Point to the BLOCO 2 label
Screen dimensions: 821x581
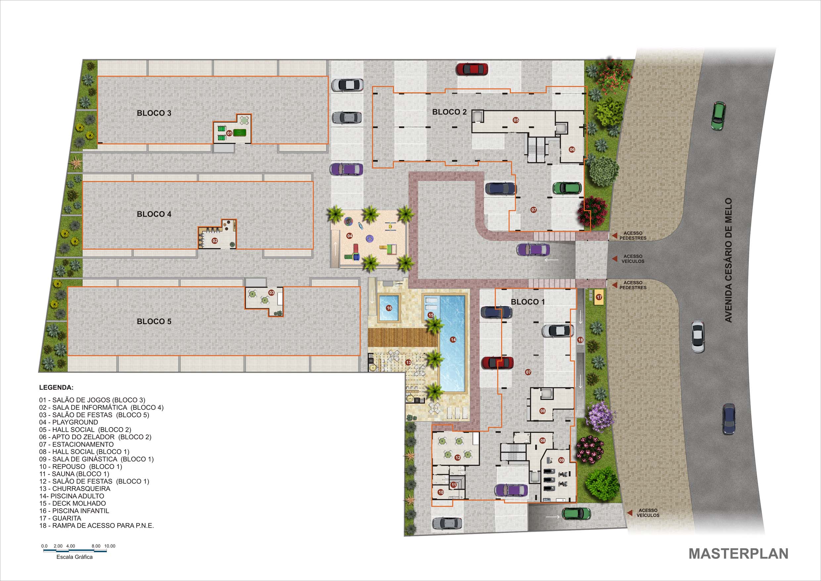tap(449, 112)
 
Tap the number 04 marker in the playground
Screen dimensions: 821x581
tap(349, 236)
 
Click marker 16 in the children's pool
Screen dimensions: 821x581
tap(389, 308)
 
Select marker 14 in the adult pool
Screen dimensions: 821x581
tap(453, 340)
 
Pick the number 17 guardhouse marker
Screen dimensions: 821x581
tap(599, 297)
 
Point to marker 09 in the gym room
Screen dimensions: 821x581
tap(561, 460)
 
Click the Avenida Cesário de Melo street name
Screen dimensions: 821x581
tap(728, 260)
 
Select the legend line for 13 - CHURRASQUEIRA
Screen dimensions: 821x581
tap(75, 488)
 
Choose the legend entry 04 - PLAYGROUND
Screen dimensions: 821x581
tap(69, 422)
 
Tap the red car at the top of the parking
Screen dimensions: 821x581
tap(472, 69)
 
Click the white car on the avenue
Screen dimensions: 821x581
tap(697, 337)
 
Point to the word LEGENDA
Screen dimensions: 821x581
tap(56, 388)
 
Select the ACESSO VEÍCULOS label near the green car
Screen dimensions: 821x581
tap(648, 513)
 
